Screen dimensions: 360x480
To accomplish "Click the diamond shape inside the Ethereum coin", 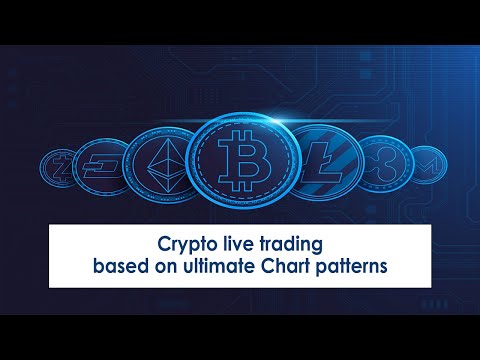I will point(162,159).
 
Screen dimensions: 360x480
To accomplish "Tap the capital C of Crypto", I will point(164,243).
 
